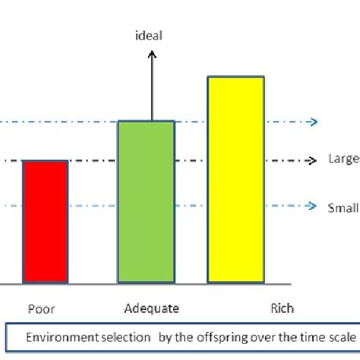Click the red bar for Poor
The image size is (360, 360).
click(46, 221)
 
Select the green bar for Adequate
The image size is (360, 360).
click(146, 201)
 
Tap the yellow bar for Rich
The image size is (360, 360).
click(235, 179)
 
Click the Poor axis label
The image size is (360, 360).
click(41, 309)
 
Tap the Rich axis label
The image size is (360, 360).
click(282, 308)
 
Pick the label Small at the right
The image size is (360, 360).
click(343, 207)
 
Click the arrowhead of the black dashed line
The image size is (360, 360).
click(311, 160)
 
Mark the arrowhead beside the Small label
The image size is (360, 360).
click(311, 206)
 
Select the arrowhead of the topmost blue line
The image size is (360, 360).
click(311, 122)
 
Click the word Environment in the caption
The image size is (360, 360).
click(57, 336)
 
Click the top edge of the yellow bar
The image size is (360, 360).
click(235, 77)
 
